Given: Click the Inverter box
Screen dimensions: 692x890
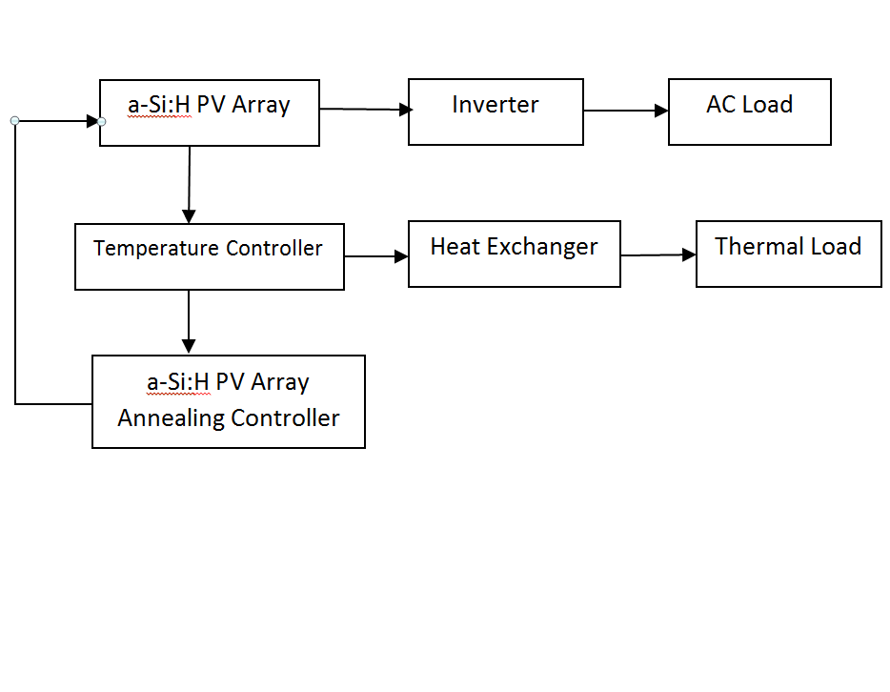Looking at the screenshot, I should (x=496, y=112).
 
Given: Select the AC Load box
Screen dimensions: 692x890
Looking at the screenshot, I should (x=749, y=112).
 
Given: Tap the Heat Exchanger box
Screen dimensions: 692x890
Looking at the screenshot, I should (x=514, y=254).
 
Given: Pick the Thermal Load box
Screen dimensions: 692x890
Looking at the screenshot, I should (x=788, y=254).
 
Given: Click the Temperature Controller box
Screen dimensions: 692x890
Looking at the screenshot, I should (x=209, y=256).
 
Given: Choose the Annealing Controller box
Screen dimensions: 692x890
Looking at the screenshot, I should (x=228, y=401).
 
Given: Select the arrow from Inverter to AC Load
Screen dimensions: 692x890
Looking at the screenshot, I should (x=625, y=111).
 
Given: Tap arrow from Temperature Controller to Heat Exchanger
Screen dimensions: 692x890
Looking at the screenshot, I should (x=375, y=255).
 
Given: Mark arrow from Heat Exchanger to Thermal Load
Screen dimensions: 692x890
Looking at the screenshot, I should (x=657, y=254).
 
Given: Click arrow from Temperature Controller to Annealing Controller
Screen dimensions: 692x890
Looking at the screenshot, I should (x=189, y=322).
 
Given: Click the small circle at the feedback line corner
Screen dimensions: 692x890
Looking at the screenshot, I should (x=14, y=121).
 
